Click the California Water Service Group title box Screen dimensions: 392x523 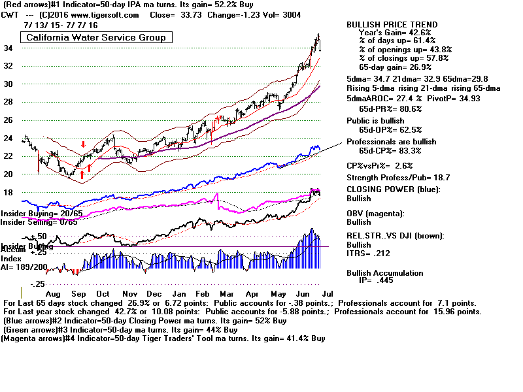95,37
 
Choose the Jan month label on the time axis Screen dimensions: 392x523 181,295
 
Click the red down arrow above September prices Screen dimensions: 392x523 84,144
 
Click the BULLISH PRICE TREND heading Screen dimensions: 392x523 392,25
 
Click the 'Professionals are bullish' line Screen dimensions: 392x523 391,142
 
